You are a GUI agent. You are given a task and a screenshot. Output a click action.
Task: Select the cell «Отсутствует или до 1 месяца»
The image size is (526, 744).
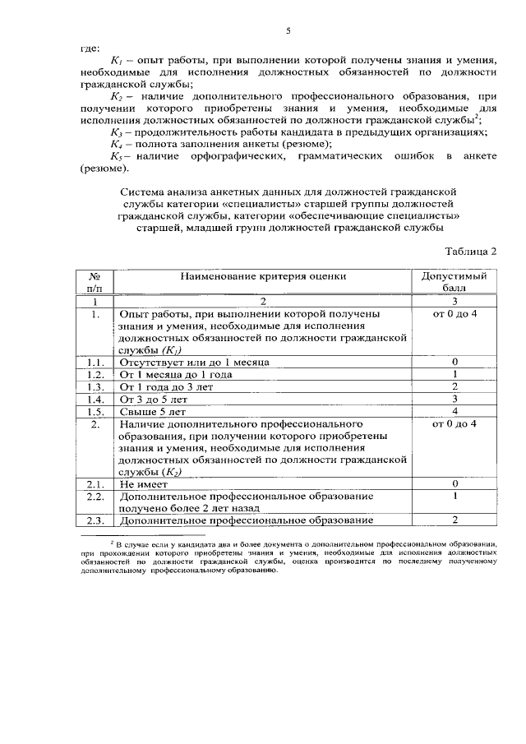[x=194, y=362]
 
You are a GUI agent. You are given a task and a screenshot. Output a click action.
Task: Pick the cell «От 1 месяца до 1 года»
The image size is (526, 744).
[x=176, y=374]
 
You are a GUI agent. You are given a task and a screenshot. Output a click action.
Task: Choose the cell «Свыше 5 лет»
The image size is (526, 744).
[x=153, y=411]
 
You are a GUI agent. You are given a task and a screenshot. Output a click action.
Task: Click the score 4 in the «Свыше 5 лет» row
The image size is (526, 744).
[x=454, y=411]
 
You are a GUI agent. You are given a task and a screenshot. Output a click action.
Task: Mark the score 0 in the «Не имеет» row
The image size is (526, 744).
[x=454, y=484]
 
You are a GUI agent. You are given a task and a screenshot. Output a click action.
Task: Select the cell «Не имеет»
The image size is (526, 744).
[x=144, y=484]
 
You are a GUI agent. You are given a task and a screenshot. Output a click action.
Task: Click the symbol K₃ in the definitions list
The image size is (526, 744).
[x=116, y=132]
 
